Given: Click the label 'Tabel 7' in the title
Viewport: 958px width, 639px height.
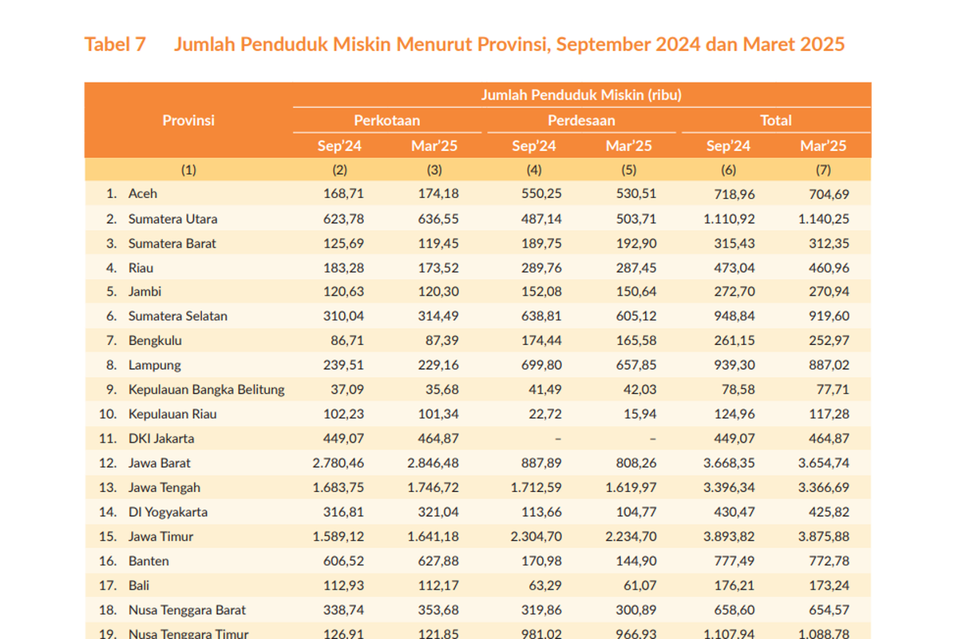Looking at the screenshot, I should click(x=115, y=44).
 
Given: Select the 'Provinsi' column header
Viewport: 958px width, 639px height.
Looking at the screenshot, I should click(x=188, y=121).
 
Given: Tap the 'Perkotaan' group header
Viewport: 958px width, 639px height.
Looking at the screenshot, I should click(x=387, y=121).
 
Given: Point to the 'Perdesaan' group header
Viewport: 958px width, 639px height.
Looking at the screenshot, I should click(x=581, y=121).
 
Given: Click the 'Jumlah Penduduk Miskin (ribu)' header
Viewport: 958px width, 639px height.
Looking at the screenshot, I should click(x=581, y=95).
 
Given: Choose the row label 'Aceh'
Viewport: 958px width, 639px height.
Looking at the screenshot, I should click(x=143, y=193).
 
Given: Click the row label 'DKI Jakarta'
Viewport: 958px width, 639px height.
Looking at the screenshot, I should click(x=161, y=439).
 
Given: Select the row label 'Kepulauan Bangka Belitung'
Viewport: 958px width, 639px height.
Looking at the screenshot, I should click(x=206, y=390).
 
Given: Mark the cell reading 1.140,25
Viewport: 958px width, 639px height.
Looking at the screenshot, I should click(x=824, y=219).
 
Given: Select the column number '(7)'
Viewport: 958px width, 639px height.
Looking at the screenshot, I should click(x=823, y=169).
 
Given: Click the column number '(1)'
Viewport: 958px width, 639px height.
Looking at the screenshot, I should click(x=188, y=169).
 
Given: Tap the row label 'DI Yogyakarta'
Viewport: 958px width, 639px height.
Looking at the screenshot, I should click(x=168, y=512).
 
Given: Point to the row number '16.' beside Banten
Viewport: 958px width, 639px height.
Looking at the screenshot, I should click(x=110, y=562).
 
